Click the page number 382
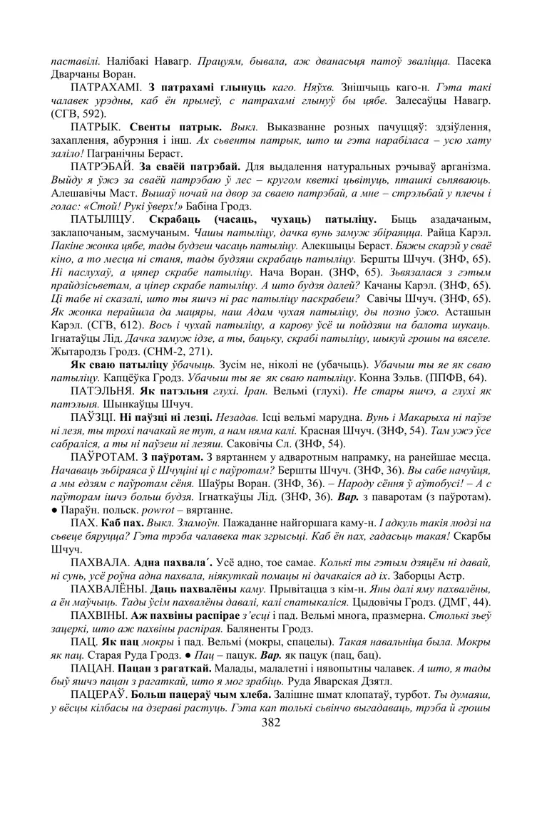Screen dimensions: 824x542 [271, 721]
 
